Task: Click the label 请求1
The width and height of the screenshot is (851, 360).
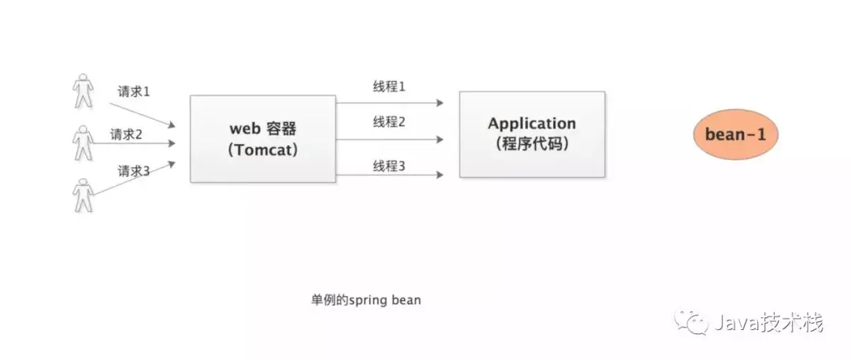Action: [x=134, y=91]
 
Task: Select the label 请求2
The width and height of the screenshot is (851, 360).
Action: [x=126, y=134]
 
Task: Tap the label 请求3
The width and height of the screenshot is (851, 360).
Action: [x=134, y=170]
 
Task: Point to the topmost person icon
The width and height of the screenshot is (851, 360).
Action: [x=82, y=91]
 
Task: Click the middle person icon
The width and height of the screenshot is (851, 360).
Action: [x=83, y=142]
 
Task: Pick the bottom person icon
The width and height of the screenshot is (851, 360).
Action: [x=82, y=194]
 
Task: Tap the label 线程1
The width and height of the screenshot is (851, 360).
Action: [x=389, y=86]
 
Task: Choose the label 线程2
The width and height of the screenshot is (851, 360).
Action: [x=389, y=122]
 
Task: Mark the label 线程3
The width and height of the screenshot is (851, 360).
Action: [x=389, y=166]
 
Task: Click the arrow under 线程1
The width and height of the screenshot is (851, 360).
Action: [x=389, y=103]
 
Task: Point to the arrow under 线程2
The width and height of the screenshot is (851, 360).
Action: [x=389, y=139]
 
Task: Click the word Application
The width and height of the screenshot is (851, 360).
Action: [x=532, y=124]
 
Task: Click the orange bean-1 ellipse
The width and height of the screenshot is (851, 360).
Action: [x=736, y=135]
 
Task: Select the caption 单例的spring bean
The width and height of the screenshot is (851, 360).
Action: [x=366, y=301]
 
